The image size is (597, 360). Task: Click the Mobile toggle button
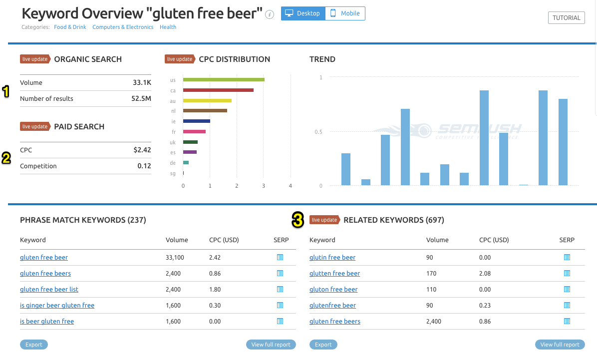point(345,13)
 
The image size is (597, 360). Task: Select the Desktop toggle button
point(303,13)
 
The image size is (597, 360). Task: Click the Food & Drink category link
point(70,27)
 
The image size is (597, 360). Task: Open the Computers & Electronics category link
point(123,27)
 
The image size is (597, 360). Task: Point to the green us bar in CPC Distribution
point(224,80)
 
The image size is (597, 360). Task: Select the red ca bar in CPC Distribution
point(218,90)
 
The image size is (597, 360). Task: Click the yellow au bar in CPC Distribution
point(207,101)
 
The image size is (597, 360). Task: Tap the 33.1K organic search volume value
point(142,83)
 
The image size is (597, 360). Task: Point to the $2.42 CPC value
point(142,150)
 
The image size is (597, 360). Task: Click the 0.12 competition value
point(144,166)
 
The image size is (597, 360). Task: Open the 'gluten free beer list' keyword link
point(49,290)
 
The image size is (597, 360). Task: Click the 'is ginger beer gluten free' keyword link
point(57,306)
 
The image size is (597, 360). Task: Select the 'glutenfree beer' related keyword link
point(332,306)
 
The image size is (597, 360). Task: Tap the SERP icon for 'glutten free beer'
point(567,273)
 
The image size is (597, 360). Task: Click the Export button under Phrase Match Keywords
point(34,345)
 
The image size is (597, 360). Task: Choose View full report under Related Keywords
point(560,345)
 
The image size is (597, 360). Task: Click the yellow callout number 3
point(298,220)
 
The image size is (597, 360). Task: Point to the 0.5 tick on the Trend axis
point(317,132)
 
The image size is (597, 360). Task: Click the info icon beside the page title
point(270,14)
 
